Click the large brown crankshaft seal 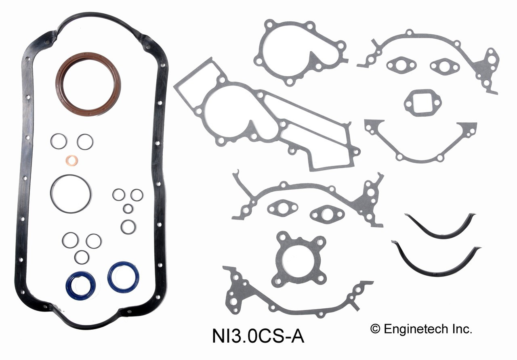click(88, 59)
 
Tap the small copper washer click(72, 161)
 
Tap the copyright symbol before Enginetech click(376, 329)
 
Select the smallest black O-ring click(128, 209)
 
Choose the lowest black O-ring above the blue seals click(82, 257)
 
